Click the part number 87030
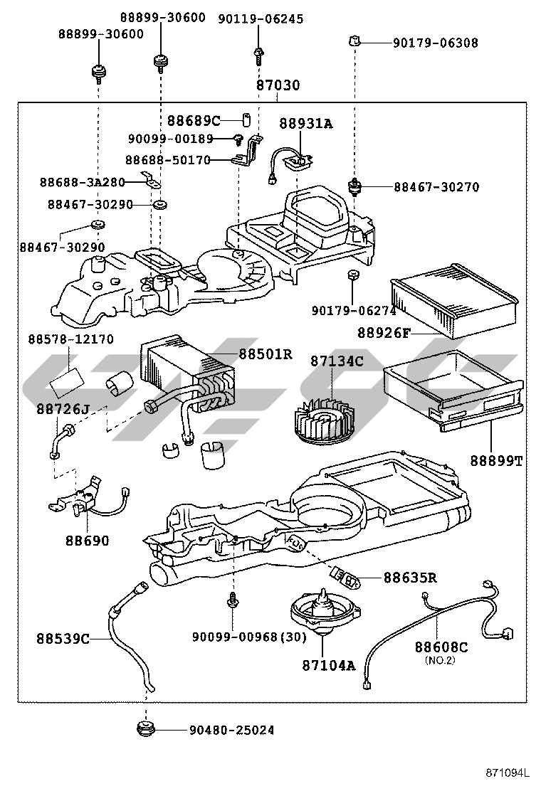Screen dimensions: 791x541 click(x=278, y=85)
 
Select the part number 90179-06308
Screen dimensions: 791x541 click(x=435, y=43)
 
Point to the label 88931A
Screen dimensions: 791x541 click(x=305, y=124)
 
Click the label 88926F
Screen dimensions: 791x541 click(x=384, y=332)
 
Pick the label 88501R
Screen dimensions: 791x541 click(x=266, y=354)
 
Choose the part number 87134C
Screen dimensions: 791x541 click(x=336, y=361)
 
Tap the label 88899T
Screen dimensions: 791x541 click(x=496, y=461)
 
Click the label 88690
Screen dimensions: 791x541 click(x=88, y=541)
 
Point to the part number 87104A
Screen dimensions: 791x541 click(x=328, y=666)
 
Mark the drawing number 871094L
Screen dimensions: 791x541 click(x=508, y=773)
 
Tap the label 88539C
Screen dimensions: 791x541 click(x=63, y=638)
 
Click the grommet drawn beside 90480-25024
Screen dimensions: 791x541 click(x=146, y=729)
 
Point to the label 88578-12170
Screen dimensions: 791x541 click(x=70, y=339)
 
